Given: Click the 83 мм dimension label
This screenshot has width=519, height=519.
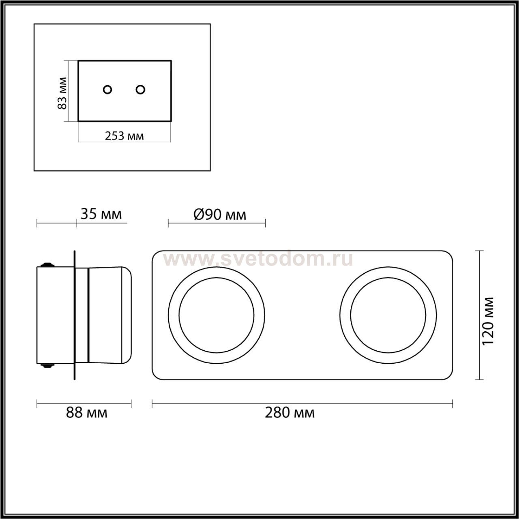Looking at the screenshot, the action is click(x=62, y=93).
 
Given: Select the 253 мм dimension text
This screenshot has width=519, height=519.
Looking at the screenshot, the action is click(x=124, y=136).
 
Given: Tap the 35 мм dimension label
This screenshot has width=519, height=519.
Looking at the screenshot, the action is click(x=101, y=214).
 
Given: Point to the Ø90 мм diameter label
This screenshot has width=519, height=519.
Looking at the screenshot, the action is click(x=220, y=214).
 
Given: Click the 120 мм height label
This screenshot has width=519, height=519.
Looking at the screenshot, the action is click(x=487, y=321).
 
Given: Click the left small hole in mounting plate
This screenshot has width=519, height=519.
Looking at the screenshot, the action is click(x=107, y=90).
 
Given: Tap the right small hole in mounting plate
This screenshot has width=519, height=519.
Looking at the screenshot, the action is click(x=140, y=90).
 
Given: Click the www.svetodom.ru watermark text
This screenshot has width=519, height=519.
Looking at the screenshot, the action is click(x=258, y=259).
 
